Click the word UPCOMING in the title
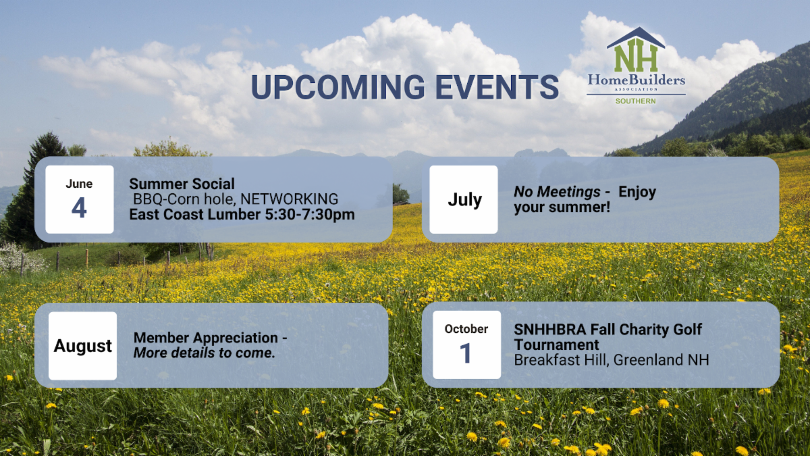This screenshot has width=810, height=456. click(x=337, y=87)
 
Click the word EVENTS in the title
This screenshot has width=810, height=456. click(x=497, y=87)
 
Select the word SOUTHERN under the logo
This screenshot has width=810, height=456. click(x=636, y=101)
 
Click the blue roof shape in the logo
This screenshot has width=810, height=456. click(x=636, y=36)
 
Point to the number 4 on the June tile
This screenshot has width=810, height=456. click(x=79, y=208)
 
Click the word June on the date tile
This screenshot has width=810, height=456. click(x=79, y=184)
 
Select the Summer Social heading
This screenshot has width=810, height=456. click(x=182, y=184)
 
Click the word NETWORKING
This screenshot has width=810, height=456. click(x=290, y=199)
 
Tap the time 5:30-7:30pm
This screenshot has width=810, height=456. click(x=310, y=214)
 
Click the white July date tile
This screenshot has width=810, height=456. click(x=464, y=199)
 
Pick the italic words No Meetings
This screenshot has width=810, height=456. click(x=557, y=192)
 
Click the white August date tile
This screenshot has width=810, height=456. click(x=83, y=346)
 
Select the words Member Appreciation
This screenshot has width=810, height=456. click(x=206, y=338)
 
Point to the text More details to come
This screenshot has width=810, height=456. click(x=205, y=353)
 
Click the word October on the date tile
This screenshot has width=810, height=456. click(x=466, y=329)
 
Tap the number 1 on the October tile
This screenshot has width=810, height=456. click(x=465, y=353)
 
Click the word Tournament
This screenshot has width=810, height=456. click(x=556, y=345)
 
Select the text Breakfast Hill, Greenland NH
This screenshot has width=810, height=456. click(x=612, y=360)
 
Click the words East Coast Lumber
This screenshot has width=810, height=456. click(x=195, y=214)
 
